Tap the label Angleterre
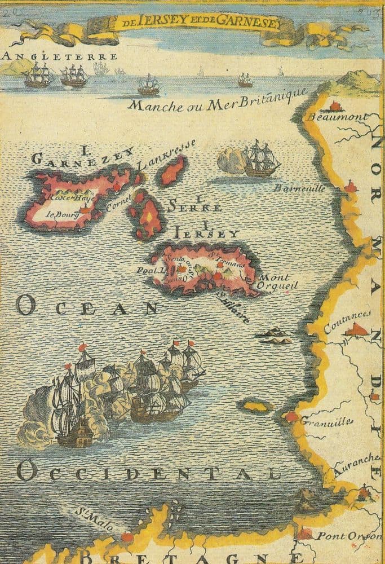[x=60, y=56]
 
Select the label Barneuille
[x=299, y=188]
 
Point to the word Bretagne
[x=186, y=557]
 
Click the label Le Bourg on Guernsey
[x=57, y=214]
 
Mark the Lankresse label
[x=166, y=153]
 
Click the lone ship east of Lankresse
[x=260, y=160]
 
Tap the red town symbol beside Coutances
[x=356, y=330]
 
